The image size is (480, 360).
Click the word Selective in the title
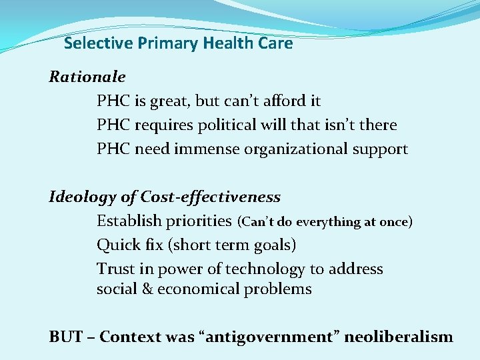(99, 44)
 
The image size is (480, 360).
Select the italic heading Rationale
(87, 77)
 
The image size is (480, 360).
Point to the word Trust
(115, 269)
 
